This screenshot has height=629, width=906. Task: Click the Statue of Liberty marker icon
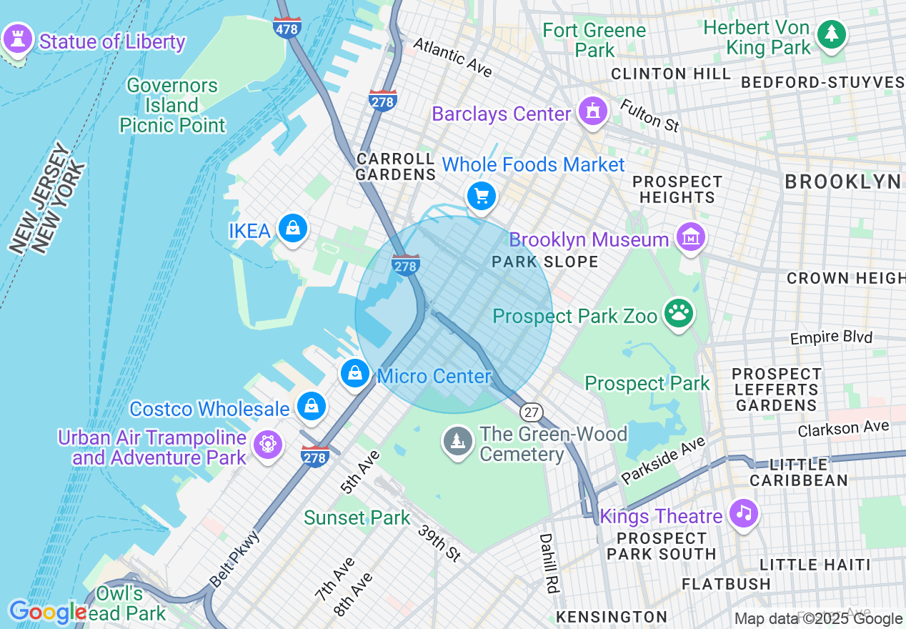coord(18,39)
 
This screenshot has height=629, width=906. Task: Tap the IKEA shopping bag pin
coord(293,229)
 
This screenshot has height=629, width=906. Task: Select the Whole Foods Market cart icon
coord(481,196)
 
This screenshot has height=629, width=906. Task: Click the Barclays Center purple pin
coord(592,112)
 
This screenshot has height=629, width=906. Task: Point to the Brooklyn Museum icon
coord(691,237)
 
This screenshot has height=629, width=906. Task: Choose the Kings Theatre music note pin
coord(744,513)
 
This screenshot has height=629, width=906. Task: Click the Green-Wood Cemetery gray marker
coord(457,440)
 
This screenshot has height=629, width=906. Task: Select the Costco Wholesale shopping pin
coord(312,406)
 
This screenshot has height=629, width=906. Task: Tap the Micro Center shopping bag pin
coord(354,373)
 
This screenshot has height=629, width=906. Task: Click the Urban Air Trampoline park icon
coord(267,445)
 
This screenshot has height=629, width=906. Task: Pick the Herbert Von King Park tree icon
coord(831,34)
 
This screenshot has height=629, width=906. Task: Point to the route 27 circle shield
coord(531,412)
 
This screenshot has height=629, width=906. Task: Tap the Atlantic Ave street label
coord(453,57)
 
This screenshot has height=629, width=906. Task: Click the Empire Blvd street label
coord(831,337)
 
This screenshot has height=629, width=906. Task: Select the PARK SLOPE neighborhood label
coord(545,262)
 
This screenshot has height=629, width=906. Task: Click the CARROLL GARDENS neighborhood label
coord(395,167)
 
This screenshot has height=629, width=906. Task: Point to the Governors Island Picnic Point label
coord(172,106)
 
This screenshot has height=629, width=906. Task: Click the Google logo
coord(47,612)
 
